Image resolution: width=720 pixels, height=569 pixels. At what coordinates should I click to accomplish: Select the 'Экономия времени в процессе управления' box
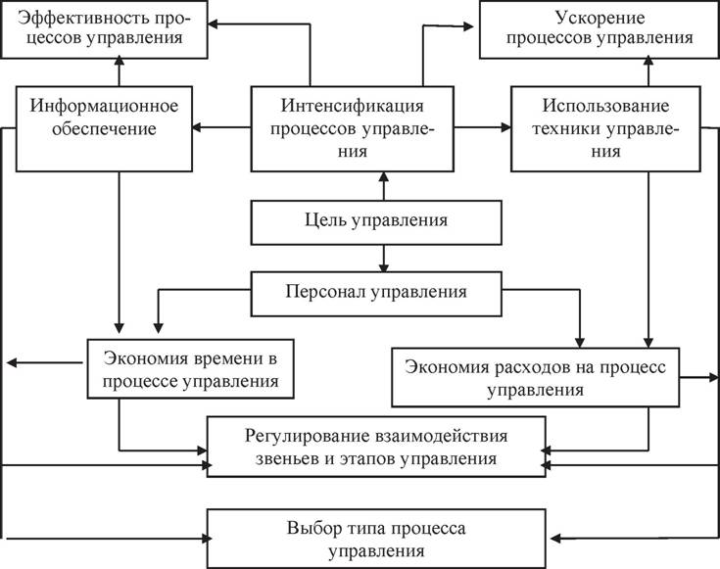[x=190, y=367]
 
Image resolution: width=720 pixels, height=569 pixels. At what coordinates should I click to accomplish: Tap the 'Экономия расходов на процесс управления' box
[x=534, y=376]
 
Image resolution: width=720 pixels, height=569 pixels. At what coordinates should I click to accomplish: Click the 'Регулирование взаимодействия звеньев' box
[x=376, y=446]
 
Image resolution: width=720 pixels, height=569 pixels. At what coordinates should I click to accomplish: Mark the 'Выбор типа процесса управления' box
[x=376, y=539]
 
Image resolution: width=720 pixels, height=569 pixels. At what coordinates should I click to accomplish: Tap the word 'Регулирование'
[x=292, y=435]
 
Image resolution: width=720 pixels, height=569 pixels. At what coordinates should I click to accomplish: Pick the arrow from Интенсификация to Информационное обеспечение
[x=222, y=126]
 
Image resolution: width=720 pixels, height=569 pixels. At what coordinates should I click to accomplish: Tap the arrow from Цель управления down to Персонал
[x=383, y=258]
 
